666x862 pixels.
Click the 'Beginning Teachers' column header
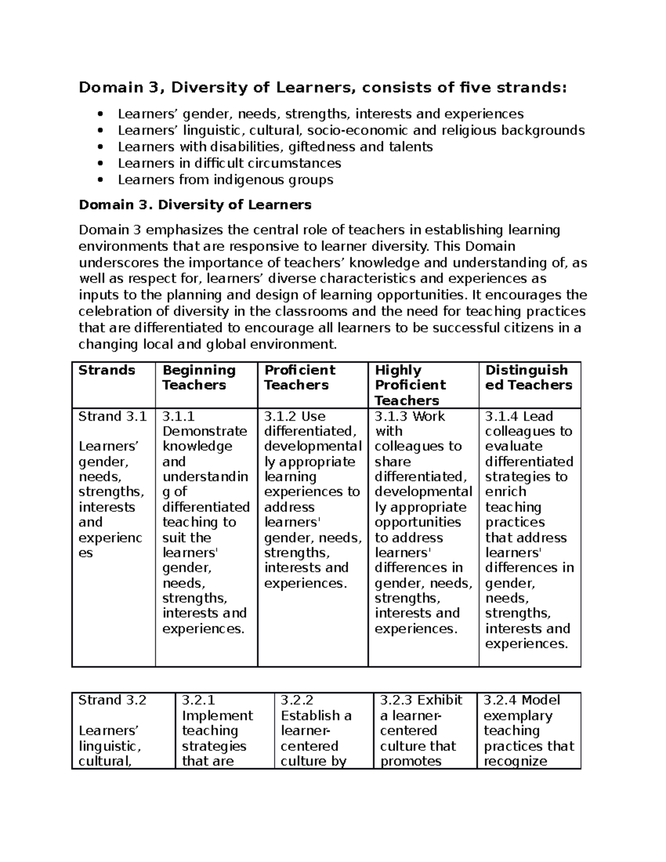click(199, 378)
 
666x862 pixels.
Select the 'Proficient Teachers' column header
click(300, 378)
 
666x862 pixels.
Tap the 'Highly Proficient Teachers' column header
click(410, 385)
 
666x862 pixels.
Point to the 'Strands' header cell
click(107, 370)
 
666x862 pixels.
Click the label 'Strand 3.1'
click(112, 416)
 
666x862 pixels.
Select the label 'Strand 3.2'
click(112, 700)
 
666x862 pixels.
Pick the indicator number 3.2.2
click(297, 700)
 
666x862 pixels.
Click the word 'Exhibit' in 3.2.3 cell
click(440, 700)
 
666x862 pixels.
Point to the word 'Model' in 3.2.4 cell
click(541, 700)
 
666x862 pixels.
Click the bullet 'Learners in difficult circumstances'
click(229, 164)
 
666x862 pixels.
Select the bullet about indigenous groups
click(225, 180)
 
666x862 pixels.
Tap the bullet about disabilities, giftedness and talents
click(275, 147)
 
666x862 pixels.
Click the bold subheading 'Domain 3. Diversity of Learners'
click(195, 205)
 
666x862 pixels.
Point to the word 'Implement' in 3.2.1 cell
click(217, 716)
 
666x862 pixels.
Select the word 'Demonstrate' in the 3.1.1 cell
click(205, 431)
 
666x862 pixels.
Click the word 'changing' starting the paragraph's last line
click(108, 345)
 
